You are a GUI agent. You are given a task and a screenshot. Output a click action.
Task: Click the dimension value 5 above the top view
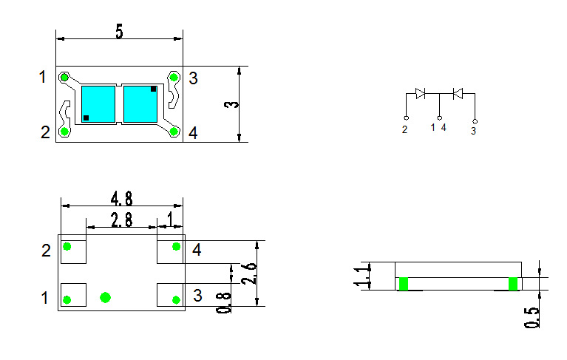(x=118, y=31)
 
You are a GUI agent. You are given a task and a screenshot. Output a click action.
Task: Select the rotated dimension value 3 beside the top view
(x=231, y=104)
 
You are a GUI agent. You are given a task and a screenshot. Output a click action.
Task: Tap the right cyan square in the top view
(x=140, y=103)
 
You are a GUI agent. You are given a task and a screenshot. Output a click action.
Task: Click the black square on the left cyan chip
(x=86, y=118)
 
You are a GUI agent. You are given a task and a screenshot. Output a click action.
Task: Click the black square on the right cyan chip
(x=153, y=89)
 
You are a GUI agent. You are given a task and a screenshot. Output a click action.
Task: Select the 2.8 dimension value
(x=122, y=219)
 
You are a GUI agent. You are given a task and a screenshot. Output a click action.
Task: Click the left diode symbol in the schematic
(x=420, y=93)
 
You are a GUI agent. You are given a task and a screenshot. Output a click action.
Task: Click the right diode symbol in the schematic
(x=458, y=93)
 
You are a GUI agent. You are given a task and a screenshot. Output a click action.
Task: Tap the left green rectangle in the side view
(x=404, y=284)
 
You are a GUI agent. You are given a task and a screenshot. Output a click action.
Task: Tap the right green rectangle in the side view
(x=513, y=284)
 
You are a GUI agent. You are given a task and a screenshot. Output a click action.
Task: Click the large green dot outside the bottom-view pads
(x=105, y=297)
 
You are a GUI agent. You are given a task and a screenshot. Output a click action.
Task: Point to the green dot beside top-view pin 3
(x=174, y=77)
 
